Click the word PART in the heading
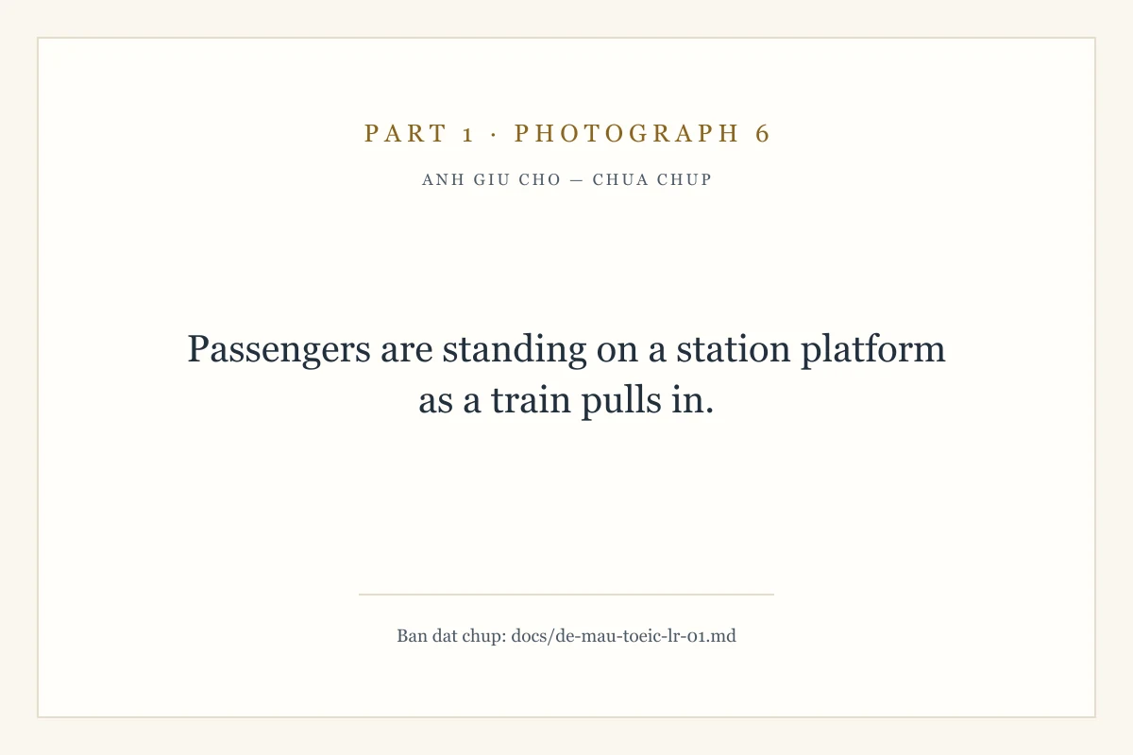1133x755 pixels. pyautogui.click(x=406, y=133)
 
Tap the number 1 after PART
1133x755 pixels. pyautogui.click(x=468, y=134)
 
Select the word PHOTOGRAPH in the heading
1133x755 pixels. pyautogui.click(x=627, y=133)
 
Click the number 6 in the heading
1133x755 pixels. pyautogui.click(x=763, y=133)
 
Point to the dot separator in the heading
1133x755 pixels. pyautogui.click(x=494, y=135)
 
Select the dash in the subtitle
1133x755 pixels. pyautogui.click(x=577, y=180)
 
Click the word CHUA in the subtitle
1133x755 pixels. pyautogui.click(x=620, y=179)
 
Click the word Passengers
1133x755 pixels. pyautogui.click(x=279, y=350)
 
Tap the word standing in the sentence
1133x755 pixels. pyautogui.click(x=515, y=350)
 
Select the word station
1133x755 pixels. pyautogui.click(x=734, y=349)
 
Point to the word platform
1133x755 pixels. pyautogui.click(x=873, y=350)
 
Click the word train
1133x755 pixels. pyautogui.click(x=531, y=400)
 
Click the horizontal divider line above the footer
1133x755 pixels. pyautogui.click(x=566, y=595)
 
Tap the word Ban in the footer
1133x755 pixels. pyautogui.click(x=412, y=636)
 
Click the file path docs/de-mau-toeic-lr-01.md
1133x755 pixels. pyautogui.click(x=624, y=636)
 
